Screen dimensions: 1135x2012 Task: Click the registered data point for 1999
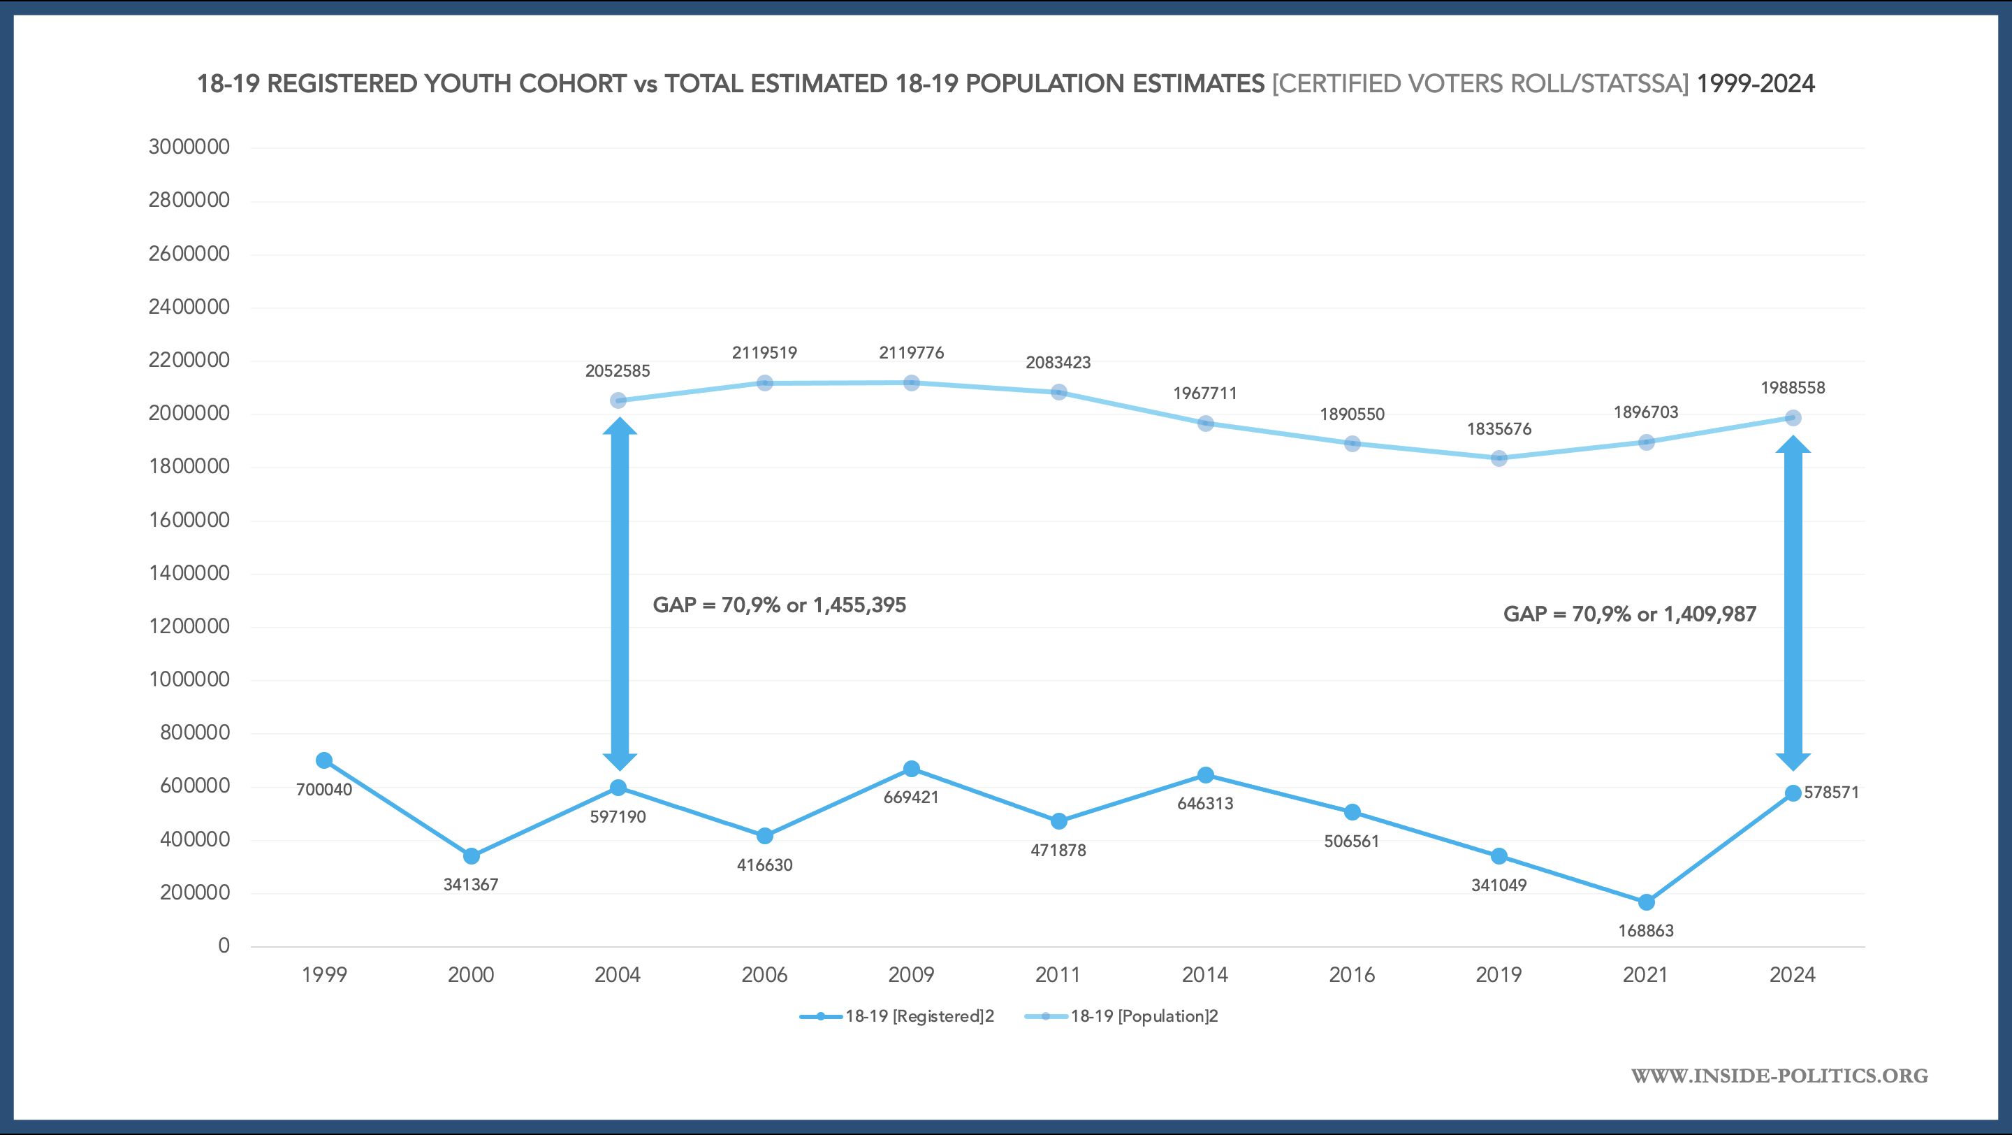point(324,760)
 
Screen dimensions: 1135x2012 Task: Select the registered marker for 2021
point(1646,902)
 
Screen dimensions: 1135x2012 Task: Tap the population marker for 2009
point(912,383)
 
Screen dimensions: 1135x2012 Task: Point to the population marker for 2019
point(1499,458)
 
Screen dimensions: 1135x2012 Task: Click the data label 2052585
point(617,371)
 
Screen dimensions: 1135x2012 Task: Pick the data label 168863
point(1646,930)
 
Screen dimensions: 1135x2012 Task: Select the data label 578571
point(1831,792)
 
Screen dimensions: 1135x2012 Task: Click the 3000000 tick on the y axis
point(189,147)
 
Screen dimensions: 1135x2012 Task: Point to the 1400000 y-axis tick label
point(189,573)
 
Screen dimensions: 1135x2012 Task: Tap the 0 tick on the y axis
point(224,946)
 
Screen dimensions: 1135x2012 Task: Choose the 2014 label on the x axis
point(1204,975)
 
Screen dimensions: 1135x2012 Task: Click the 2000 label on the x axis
point(470,975)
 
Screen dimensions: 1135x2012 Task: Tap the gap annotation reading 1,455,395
point(779,605)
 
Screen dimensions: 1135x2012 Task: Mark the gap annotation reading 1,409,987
point(1629,614)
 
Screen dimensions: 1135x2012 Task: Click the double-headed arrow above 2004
point(620,593)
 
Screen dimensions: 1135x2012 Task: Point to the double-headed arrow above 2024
point(1793,603)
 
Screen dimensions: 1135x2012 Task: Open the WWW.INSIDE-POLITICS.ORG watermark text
point(1779,1076)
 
